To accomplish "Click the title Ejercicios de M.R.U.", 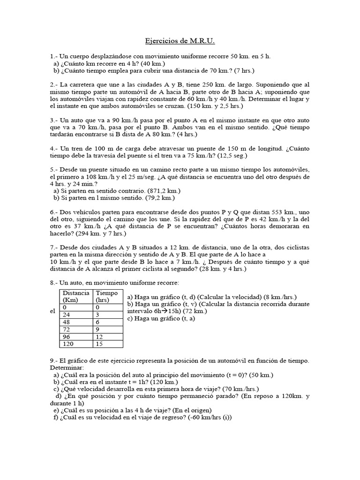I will [180, 42].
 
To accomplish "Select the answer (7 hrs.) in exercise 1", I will [245, 71].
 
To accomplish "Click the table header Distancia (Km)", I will [76, 296].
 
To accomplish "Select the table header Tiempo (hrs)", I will [107, 296].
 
